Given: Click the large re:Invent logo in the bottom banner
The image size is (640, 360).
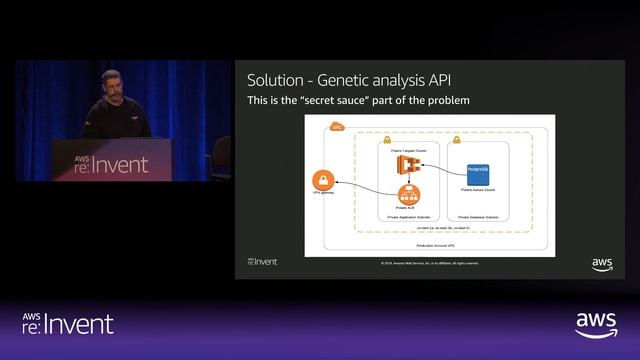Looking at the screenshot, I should tap(68, 322).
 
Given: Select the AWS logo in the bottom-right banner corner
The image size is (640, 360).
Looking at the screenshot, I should tap(596, 325).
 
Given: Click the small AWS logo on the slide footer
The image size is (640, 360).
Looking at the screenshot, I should tap(601, 263).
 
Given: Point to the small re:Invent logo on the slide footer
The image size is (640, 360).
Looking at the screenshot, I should tap(262, 262).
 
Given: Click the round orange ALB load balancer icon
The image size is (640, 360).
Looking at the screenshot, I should tap(406, 195).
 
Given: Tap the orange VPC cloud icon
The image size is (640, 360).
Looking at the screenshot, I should tap(337, 126).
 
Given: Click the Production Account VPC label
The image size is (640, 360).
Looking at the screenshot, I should tap(438, 244).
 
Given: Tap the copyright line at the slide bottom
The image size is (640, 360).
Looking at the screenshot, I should tap(429, 263).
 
